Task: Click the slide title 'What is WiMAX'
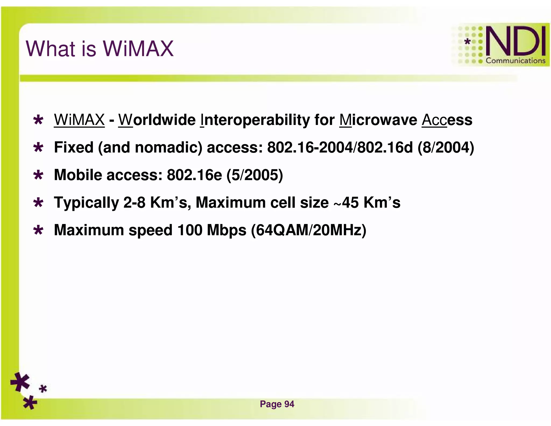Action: click(x=100, y=49)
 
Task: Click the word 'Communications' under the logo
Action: click(x=515, y=61)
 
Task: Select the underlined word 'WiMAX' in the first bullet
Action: click(x=79, y=120)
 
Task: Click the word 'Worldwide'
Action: click(x=157, y=120)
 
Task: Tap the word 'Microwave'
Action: click(x=378, y=120)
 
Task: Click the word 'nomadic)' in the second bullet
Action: click(x=168, y=148)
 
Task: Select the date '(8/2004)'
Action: click(x=446, y=148)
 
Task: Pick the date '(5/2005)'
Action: click(x=255, y=175)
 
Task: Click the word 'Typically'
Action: click(x=86, y=203)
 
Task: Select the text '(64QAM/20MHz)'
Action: click(x=309, y=231)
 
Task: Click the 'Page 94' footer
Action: click(x=277, y=404)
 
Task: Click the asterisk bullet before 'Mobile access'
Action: click(x=38, y=175)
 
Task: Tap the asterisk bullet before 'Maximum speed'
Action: click(x=38, y=231)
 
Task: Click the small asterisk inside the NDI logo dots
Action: click(x=468, y=42)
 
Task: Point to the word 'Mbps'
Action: click(x=226, y=231)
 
